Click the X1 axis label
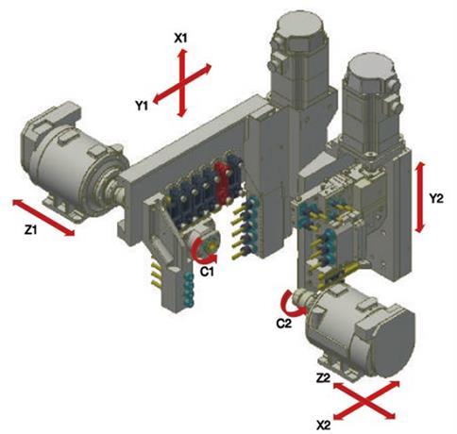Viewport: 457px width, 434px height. (x=180, y=39)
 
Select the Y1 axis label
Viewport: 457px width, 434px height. (x=142, y=106)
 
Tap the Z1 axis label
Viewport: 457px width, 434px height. (x=30, y=230)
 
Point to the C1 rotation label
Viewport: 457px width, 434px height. (x=207, y=271)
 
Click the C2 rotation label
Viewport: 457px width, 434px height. (x=284, y=324)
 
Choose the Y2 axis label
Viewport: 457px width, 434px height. (x=436, y=198)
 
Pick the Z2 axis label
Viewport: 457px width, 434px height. (x=323, y=378)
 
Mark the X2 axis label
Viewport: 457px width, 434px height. (x=324, y=426)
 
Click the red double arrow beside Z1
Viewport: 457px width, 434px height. (x=43, y=217)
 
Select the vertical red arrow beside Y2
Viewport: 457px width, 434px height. (x=420, y=197)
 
